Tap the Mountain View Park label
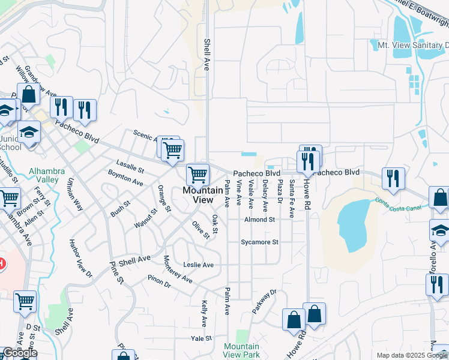[x=241, y=350]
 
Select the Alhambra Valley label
[x=43, y=175]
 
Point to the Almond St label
[x=259, y=220]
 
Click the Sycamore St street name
[x=260, y=242]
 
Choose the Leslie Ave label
[x=199, y=265]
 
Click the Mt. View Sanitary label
[x=412, y=45]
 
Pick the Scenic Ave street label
[x=145, y=136]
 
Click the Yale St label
[x=202, y=338]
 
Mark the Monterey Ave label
[x=178, y=269]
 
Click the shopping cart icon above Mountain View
[x=197, y=175]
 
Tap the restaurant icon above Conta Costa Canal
[x=393, y=178]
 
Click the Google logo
[x=20, y=353]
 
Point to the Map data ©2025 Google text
[x=412, y=355]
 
